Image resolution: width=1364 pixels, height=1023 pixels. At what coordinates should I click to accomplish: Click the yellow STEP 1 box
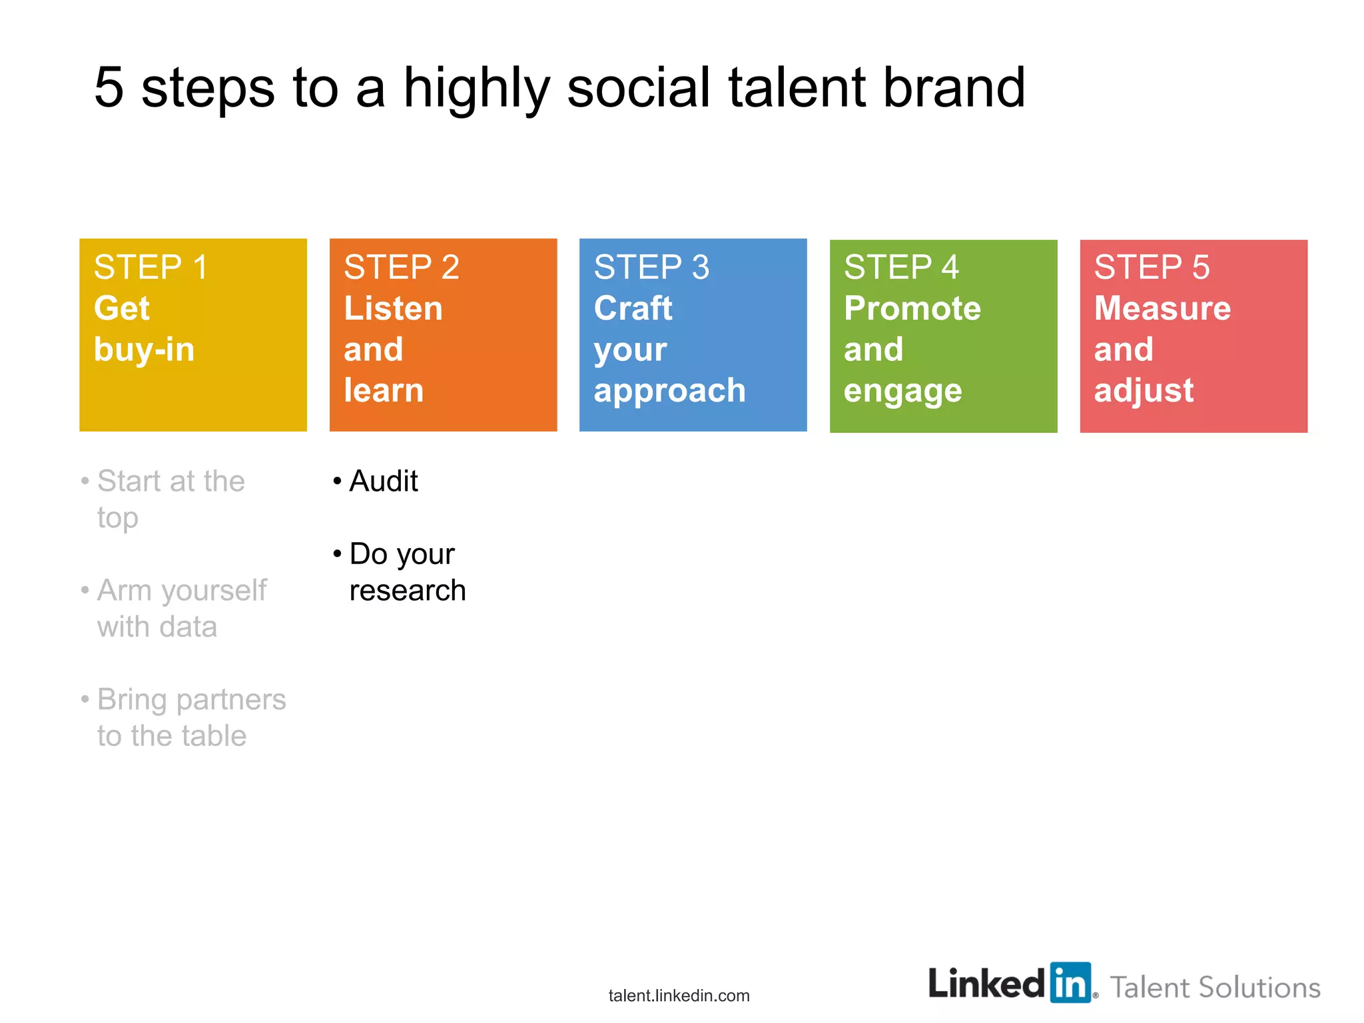point(192,334)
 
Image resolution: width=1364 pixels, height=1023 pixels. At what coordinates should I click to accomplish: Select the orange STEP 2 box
point(443,334)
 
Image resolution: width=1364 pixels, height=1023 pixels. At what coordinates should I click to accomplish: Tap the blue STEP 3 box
point(693,334)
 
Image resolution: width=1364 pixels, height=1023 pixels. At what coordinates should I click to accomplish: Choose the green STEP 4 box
point(943,336)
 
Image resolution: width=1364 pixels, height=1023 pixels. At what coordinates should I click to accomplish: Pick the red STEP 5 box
point(1193,336)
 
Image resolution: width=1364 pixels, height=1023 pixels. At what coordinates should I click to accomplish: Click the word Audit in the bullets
point(384,482)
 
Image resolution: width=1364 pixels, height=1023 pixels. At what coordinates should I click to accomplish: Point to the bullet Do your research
point(406,572)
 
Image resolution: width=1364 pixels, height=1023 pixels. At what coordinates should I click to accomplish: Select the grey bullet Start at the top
point(170,499)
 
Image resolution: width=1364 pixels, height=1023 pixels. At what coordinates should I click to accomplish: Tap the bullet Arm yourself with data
point(181,608)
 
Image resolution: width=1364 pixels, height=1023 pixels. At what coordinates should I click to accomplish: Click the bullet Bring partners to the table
point(190,717)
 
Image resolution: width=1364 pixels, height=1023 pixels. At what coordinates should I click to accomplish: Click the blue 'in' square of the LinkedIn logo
point(1070,983)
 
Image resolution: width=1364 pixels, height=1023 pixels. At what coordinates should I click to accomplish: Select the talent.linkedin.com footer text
point(679,996)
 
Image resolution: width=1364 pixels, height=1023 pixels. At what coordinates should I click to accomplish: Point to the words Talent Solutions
point(1215,988)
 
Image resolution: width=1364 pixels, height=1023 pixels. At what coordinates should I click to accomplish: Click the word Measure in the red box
point(1162,308)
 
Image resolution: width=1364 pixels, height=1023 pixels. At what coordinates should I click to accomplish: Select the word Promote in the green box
point(912,308)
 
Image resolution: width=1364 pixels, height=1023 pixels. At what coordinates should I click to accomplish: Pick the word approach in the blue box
point(669,391)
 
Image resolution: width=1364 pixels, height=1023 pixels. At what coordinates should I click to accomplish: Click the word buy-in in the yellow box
point(144,350)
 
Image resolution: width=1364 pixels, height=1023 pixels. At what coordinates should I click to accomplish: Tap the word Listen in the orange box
point(393,308)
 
